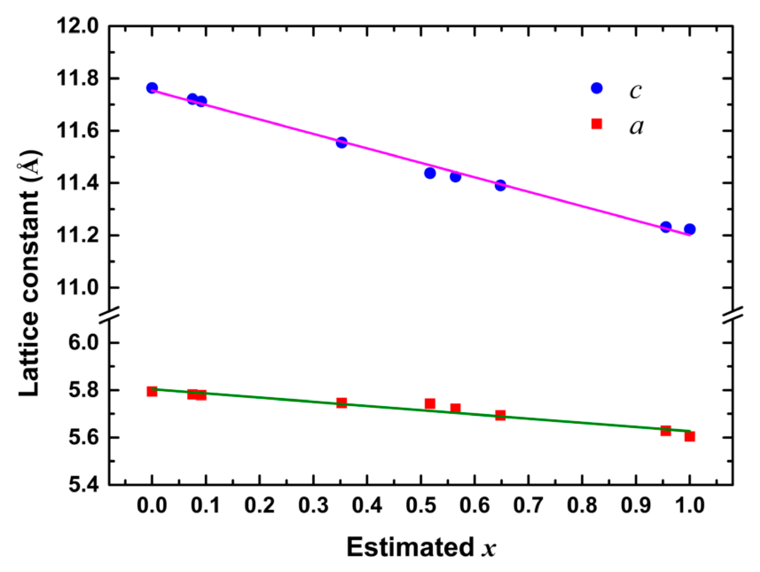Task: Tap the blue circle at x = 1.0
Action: pos(689,229)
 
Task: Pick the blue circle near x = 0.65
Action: pos(500,185)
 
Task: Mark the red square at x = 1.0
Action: pos(689,436)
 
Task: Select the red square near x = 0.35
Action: pos(341,403)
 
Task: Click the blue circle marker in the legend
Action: pos(597,88)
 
